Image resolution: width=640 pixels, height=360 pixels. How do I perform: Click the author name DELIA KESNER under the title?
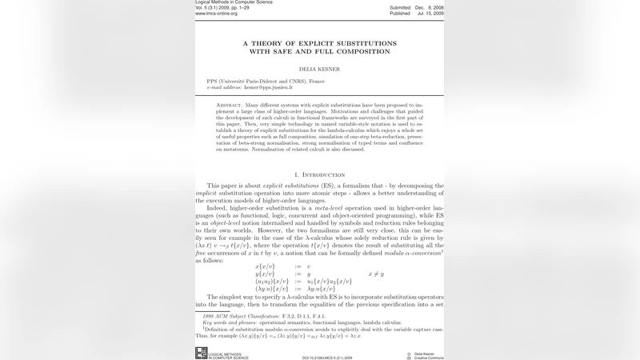[319, 69]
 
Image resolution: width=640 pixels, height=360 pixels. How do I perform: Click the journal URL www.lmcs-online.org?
[222, 14]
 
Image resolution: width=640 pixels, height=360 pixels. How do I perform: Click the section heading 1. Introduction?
[319, 174]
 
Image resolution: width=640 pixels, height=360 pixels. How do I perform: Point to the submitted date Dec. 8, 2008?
[430, 7]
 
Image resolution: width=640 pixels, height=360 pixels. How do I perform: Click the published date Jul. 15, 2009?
[430, 14]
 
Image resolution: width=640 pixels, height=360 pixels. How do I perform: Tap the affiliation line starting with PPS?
[266, 82]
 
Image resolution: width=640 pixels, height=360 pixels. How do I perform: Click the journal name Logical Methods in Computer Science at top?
[234, 2]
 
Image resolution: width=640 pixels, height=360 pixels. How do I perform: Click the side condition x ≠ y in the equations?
[375, 274]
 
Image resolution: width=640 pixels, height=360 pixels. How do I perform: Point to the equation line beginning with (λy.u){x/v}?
[295, 288]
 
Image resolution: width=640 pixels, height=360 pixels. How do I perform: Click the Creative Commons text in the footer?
[433, 358]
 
